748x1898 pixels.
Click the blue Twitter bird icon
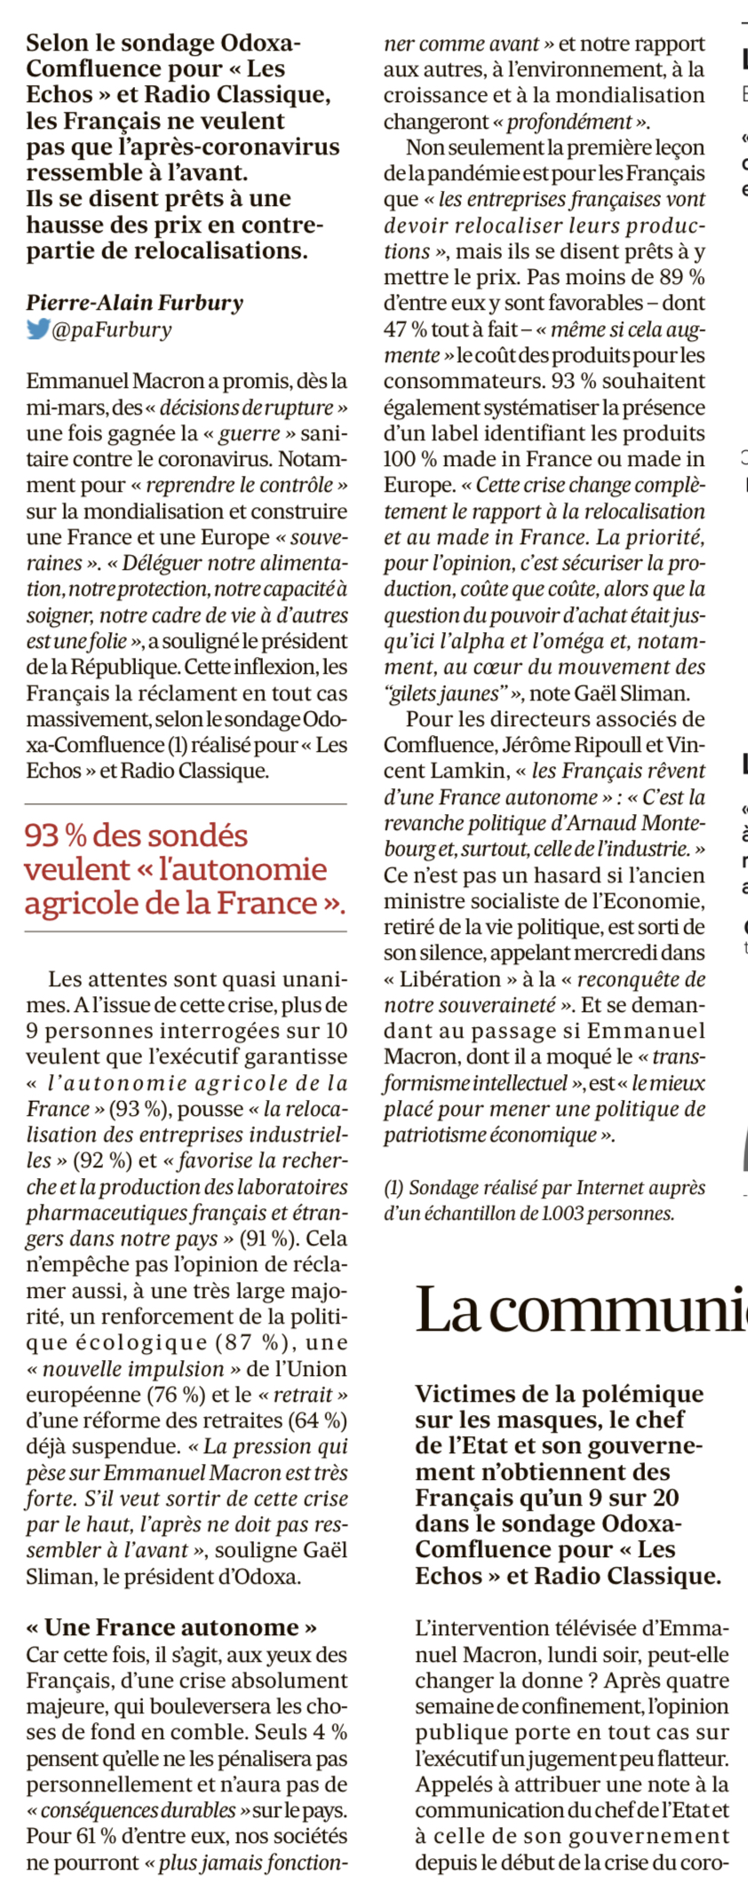pos(38,329)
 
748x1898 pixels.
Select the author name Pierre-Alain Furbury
pos(134,303)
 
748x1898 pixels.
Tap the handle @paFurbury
pos(112,330)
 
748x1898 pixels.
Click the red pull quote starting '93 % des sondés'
pos(185,868)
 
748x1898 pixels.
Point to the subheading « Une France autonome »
pos(171,1627)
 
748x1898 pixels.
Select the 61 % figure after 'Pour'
pos(84,1836)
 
